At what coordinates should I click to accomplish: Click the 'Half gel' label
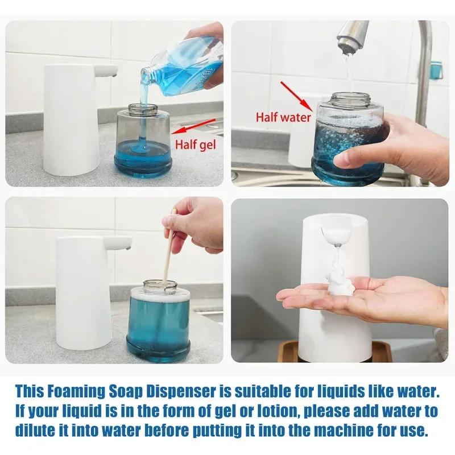point(195,144)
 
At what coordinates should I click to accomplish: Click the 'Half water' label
point(283,118)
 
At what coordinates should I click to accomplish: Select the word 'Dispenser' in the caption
point(205,391)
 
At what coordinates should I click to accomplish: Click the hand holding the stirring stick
point(196,222)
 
